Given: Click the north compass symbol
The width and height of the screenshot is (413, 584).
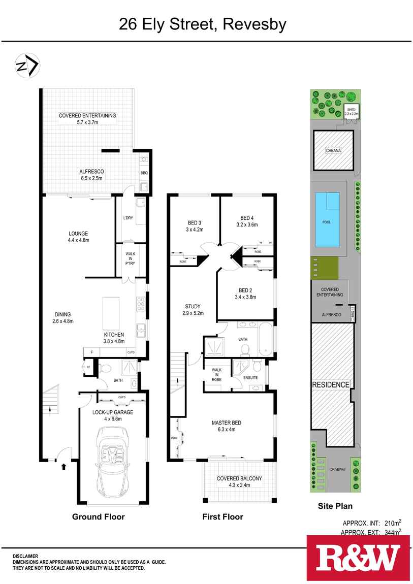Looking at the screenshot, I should [x=27, y=66].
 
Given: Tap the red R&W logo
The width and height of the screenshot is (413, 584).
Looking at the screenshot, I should [x=358, y=558].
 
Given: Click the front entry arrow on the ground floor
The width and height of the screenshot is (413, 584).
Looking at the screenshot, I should [x=63, y=466].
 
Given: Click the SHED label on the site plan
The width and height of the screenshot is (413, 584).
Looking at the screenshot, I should [x=351, y=110].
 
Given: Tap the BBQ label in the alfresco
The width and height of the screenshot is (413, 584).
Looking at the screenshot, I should [x=143, y=173].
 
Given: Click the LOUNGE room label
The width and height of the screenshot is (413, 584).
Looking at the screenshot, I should [x=79, y=234].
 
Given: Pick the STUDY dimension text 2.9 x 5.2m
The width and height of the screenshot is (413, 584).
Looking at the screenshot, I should [x=193, y=313].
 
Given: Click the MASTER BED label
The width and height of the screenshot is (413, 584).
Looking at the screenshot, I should [x=226, y=423].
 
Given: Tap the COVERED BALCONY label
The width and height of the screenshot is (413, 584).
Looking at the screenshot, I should [x=239, y=478].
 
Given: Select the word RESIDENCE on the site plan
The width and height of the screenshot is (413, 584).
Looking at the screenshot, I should [x=331, y=385].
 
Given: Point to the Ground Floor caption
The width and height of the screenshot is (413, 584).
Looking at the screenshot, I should [x=98, y=517].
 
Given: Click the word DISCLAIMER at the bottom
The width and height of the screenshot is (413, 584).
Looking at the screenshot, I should [x=25, y=556].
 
